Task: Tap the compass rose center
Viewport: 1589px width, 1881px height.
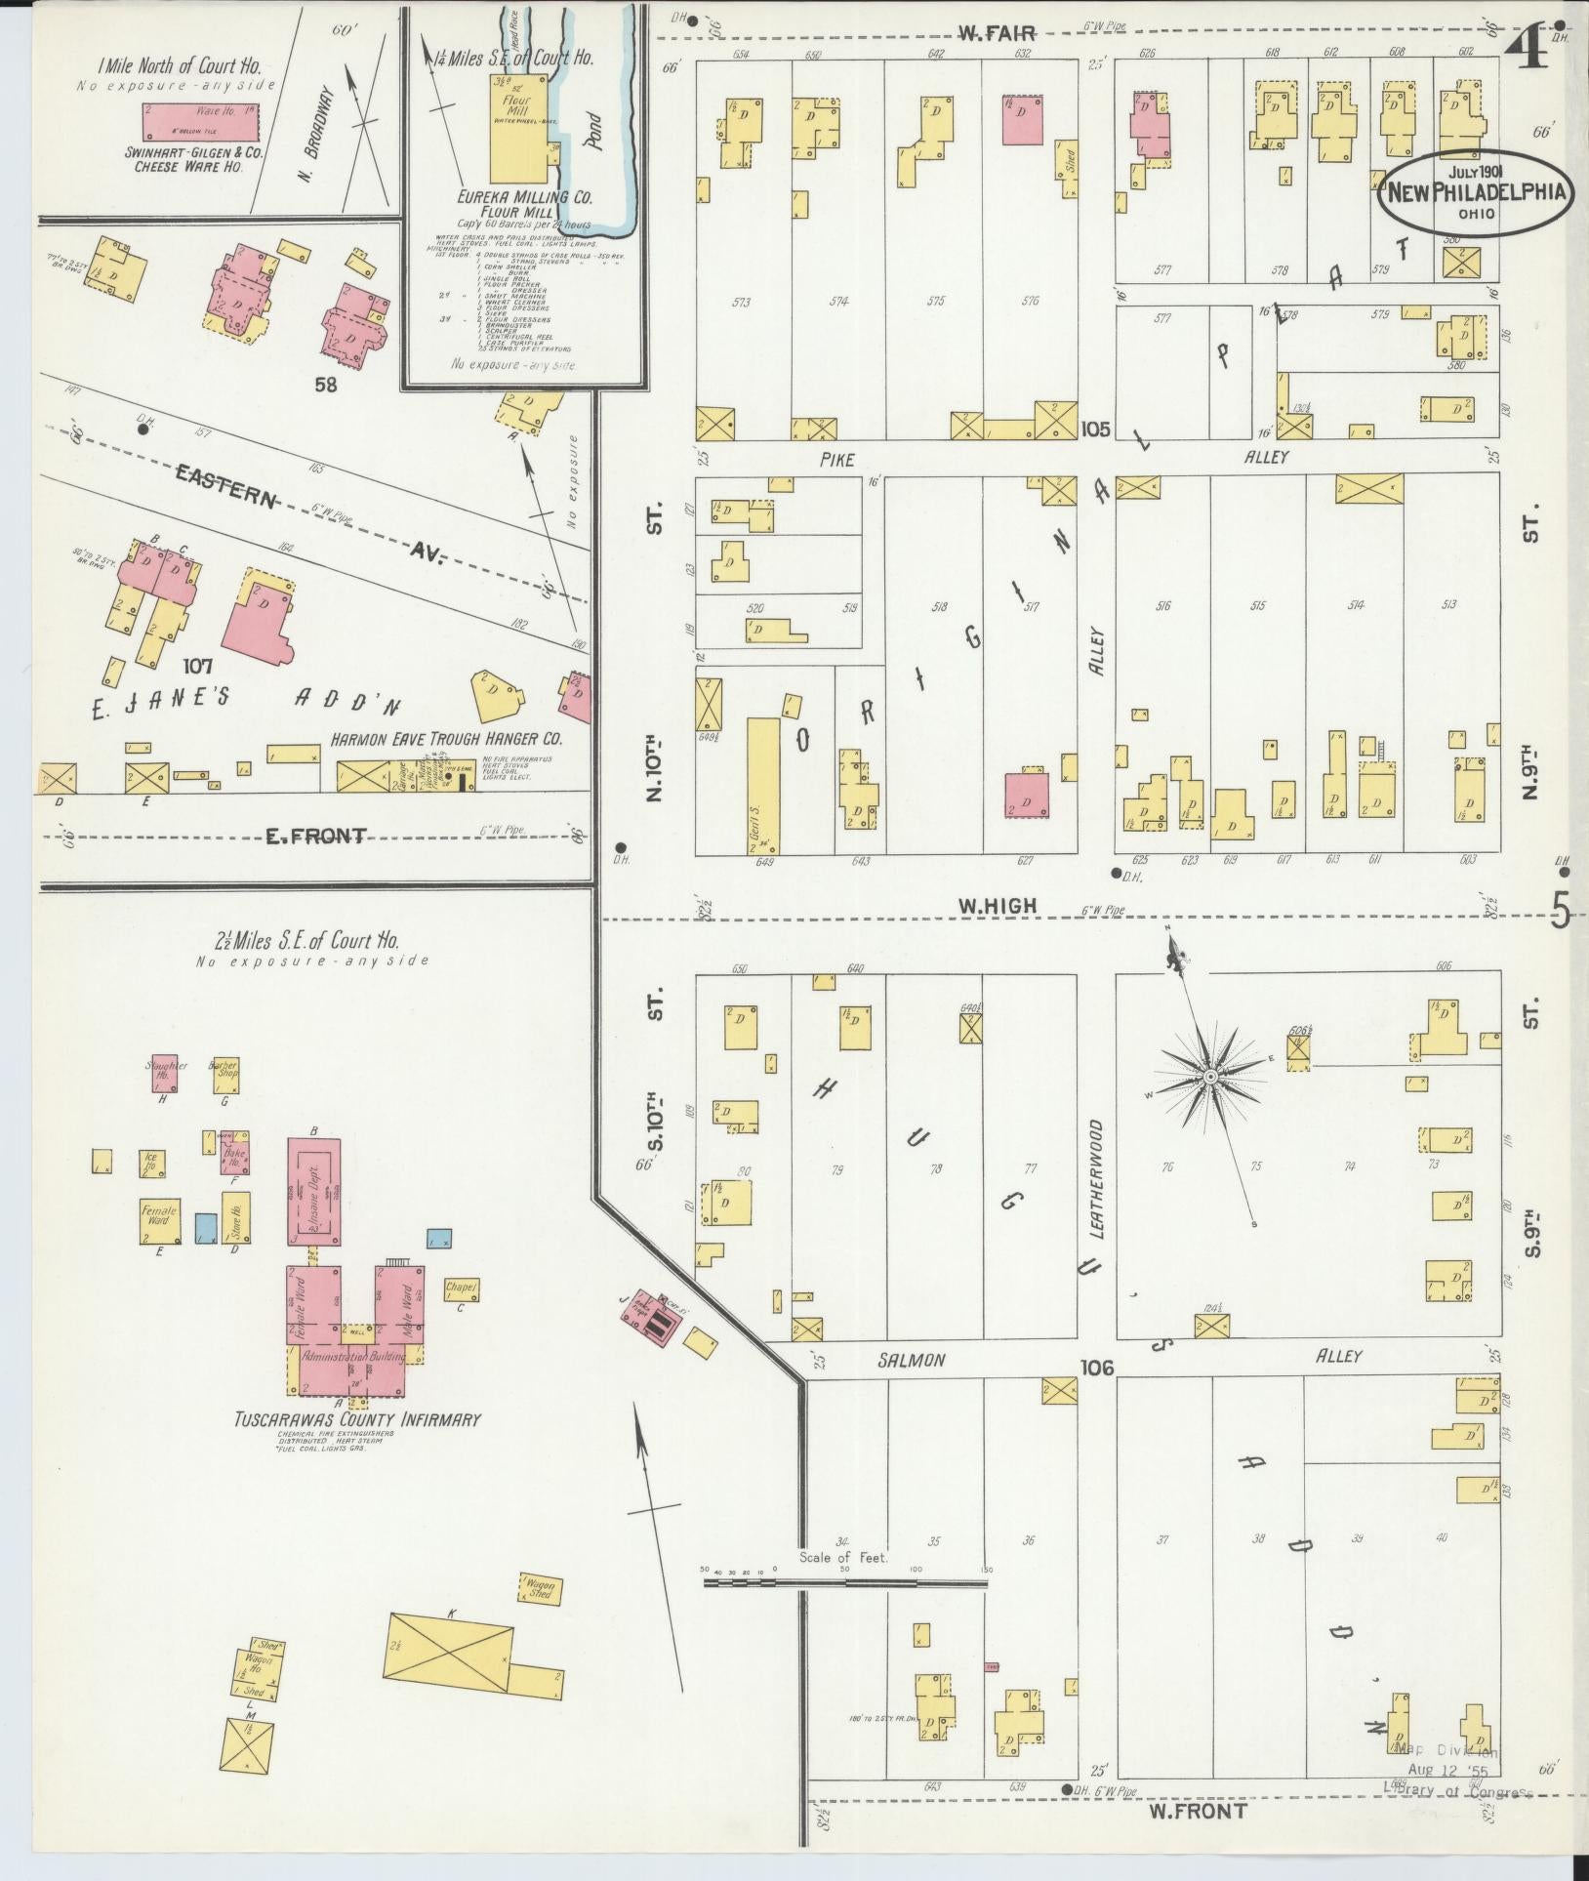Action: point(1209,1077)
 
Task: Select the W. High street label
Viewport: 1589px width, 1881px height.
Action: point(996,907)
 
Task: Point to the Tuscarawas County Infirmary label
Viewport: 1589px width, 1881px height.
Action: point(358,1418)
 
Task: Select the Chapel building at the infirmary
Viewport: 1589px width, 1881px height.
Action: point(461,1290)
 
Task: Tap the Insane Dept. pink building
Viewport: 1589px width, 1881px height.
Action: point(313,1191)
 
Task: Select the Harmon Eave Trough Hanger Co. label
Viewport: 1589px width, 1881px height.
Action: point(446,740)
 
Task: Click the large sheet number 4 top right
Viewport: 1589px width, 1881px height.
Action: point(1532,47)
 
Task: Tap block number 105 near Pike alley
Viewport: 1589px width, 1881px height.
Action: point(1096,429)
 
